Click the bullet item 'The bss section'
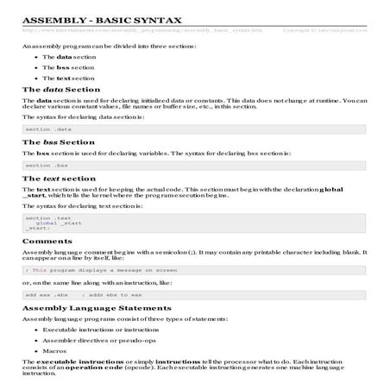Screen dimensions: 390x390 pos(69,66)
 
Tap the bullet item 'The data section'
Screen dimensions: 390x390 pos(70,56)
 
